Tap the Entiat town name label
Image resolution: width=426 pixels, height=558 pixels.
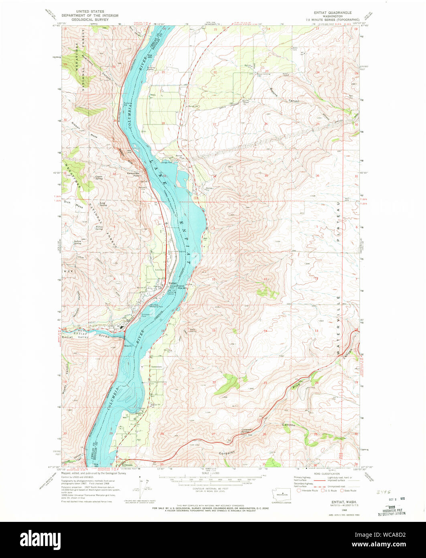click(172, 282)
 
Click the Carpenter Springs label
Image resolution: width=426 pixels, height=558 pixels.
click(247, 430)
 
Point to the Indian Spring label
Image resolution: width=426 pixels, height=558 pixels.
click(78, 242)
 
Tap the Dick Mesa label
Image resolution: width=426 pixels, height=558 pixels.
click(74, 204)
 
